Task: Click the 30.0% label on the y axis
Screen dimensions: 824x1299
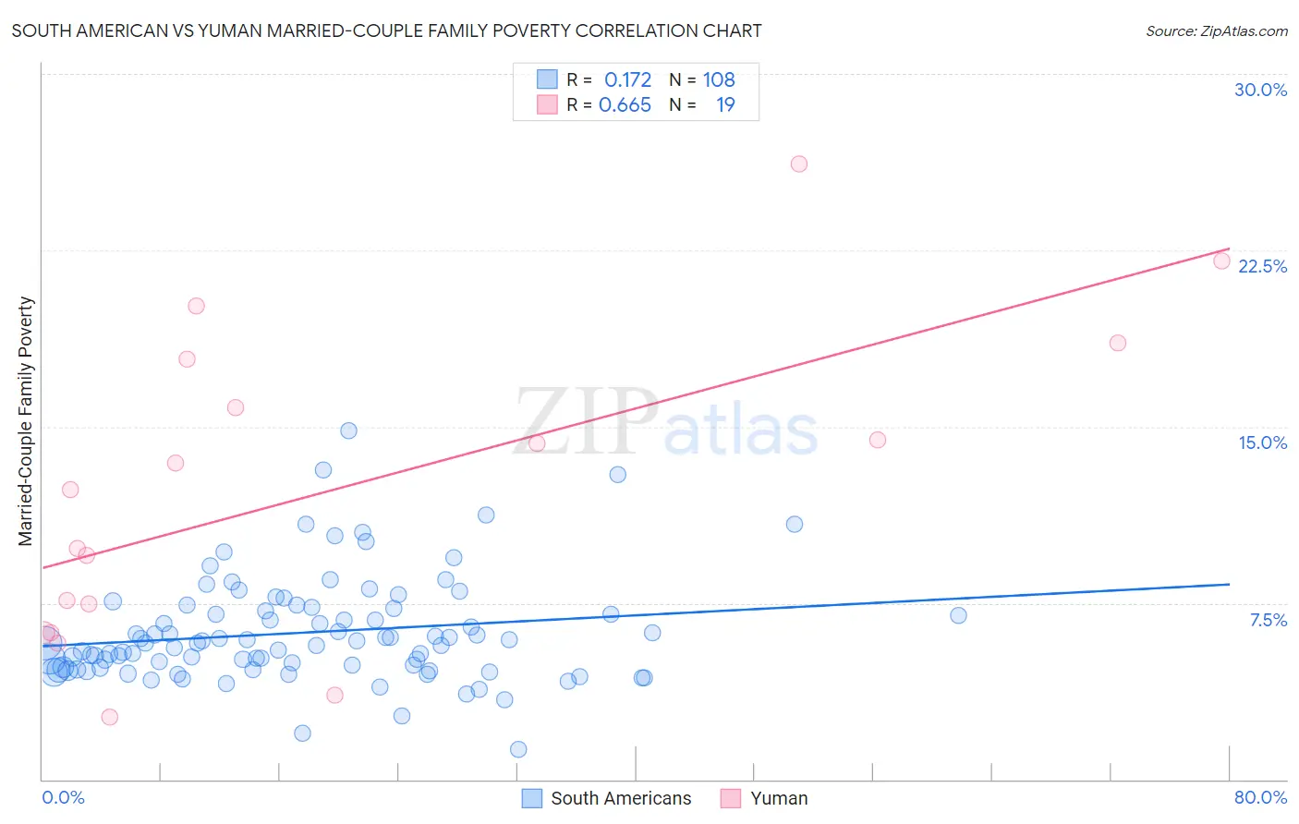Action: pyautogui.click(x=1260, y=90)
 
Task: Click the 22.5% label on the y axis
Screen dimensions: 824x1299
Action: pyautogui.click(x=1262, y=266)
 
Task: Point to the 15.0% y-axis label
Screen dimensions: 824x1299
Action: pyautogui.click(x=1262, y=442)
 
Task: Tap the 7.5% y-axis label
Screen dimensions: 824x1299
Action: pyautogui.click(x=1268, y=620)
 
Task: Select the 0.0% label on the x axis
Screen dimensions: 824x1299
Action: pyautogui.click(x=63, y=797)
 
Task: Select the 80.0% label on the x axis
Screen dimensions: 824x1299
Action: pyautogui.click(x=1260, y=797)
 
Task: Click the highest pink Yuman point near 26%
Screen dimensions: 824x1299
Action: pyautogui.click(x=799, y=164)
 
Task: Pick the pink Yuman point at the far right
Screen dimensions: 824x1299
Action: pyautogui.click(x=1221, y=261)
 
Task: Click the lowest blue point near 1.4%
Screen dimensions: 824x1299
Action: pyautogui.click(x=518, y=749)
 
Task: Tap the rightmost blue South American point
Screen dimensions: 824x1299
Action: pyautogui.click(x=958, y=615)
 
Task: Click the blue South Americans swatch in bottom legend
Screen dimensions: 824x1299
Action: pyautogui.click(x=531, y=798)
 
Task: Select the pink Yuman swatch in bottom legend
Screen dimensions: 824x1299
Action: pyautogui.click(x=731, y=798)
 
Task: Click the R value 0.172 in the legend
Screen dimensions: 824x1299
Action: pyautogui.click(x=627, y=80)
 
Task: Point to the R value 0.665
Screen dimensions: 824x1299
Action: pyautogui.click(x=625, y=105)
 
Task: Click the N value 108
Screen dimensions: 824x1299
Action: pyautogui.click(x=719, y=80)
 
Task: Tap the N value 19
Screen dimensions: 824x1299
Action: pyautogui.click(x=725, y=105)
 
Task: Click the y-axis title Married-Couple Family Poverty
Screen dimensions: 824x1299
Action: pyautogui.click(x=26, y=421)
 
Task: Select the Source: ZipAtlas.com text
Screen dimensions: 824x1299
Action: pyautogui.click(x=1216, y=31)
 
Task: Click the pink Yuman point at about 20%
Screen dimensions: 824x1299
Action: pyautogui.click(x=196, y=306)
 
